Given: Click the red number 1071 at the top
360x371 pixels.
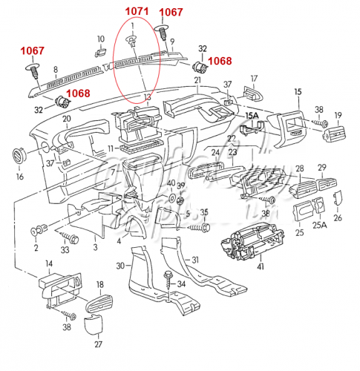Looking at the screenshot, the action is pyautogui.click(x=137, y=11).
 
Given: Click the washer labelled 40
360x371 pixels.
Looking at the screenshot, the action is pyautogui.click(x=171, y=197).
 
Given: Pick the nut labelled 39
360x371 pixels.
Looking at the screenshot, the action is pyautogui.click(x=181, y=200).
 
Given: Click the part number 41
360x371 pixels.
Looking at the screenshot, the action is pyautogui.click(x=261, y=266).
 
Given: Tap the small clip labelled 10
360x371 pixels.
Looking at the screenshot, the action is pyautogui.click(x=101, y=53).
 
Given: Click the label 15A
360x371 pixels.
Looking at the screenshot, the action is pyautogui.click(x=252, y=116).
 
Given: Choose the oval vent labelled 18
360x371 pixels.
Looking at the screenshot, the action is pyautogui.click(x=99, y=303).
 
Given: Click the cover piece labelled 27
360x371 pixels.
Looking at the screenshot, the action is pyautogui.click(x=93, y=324).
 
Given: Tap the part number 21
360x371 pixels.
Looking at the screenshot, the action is pyautogui.click(x=197, y=80).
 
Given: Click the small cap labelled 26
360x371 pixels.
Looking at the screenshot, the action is pyautogui.click(x=338, y=198).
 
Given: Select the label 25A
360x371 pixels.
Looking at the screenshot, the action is pyautogui.click(x=319, y=225).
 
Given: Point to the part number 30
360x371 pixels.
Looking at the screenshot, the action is pyautogui.click(x=120, y=266).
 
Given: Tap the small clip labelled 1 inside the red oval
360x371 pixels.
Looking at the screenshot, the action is pyautogui.click(x=132, y=41).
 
